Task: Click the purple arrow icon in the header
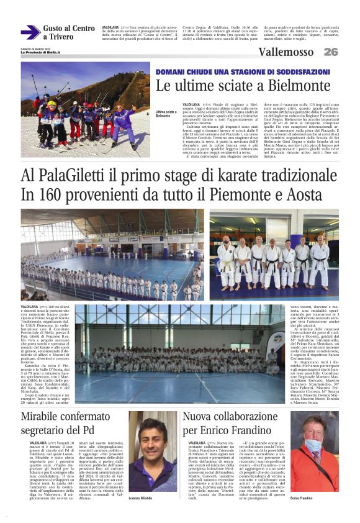tap(30, 32)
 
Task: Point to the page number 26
tap(331, 52)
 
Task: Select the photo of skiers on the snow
tap(86, 109)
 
